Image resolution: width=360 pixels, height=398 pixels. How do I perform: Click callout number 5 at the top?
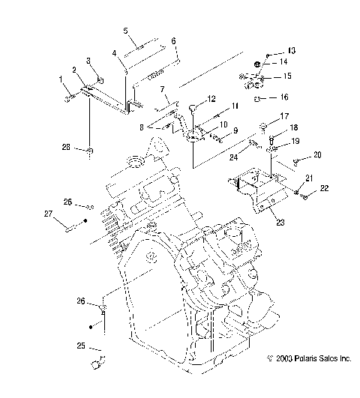126,31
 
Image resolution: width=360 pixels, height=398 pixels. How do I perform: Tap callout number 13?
292,50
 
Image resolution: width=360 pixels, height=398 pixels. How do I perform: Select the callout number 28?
66,147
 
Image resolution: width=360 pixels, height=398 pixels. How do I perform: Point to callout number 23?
280,223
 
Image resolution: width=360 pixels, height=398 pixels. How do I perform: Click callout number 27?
48,214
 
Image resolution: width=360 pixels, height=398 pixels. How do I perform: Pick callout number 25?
81,346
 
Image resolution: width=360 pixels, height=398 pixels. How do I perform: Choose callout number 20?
317,154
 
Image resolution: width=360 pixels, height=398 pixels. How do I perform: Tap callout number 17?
284,116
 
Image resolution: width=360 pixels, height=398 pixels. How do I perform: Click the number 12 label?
211,98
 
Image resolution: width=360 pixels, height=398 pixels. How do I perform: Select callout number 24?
234,157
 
